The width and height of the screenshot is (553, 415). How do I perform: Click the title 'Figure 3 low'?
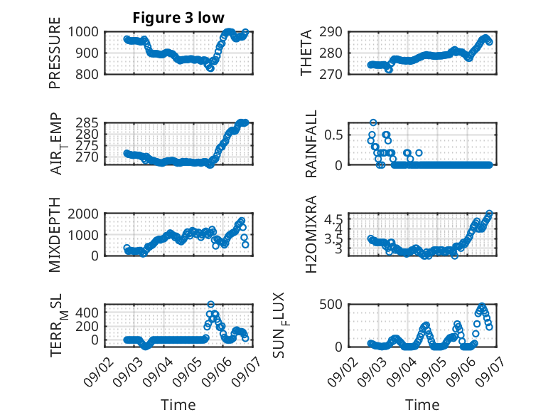coord(178,18)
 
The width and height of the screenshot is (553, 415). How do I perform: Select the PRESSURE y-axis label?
coord(55,53)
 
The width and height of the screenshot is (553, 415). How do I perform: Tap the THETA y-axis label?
coord(306,53)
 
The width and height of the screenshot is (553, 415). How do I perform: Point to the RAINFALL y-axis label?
coord(311,144)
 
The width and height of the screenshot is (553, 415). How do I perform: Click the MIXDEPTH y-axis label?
coord(55,235)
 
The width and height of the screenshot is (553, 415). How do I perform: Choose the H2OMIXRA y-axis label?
coord(311,234)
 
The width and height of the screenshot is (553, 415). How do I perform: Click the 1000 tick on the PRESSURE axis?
coord(83,32)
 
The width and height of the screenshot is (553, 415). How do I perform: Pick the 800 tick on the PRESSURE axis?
coord(87,74)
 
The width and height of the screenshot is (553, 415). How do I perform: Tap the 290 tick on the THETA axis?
coord(331,32)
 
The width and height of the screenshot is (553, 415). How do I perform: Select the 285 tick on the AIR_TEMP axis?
coord(87,123)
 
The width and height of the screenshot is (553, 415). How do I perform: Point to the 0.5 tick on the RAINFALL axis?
coord(333,135)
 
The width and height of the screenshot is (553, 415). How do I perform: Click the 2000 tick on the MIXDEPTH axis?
coord(83,214)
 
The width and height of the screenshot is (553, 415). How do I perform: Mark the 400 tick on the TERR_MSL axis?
coord(87,312)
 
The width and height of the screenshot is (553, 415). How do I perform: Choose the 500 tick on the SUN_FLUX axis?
coord(331,305)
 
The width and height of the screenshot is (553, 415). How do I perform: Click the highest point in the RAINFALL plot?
coord(373,122)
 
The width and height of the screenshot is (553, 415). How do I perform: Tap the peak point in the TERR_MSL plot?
coord(210,304)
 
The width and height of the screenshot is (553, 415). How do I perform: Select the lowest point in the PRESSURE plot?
coord(210,68)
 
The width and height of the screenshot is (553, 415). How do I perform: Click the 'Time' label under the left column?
coord(178,404)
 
